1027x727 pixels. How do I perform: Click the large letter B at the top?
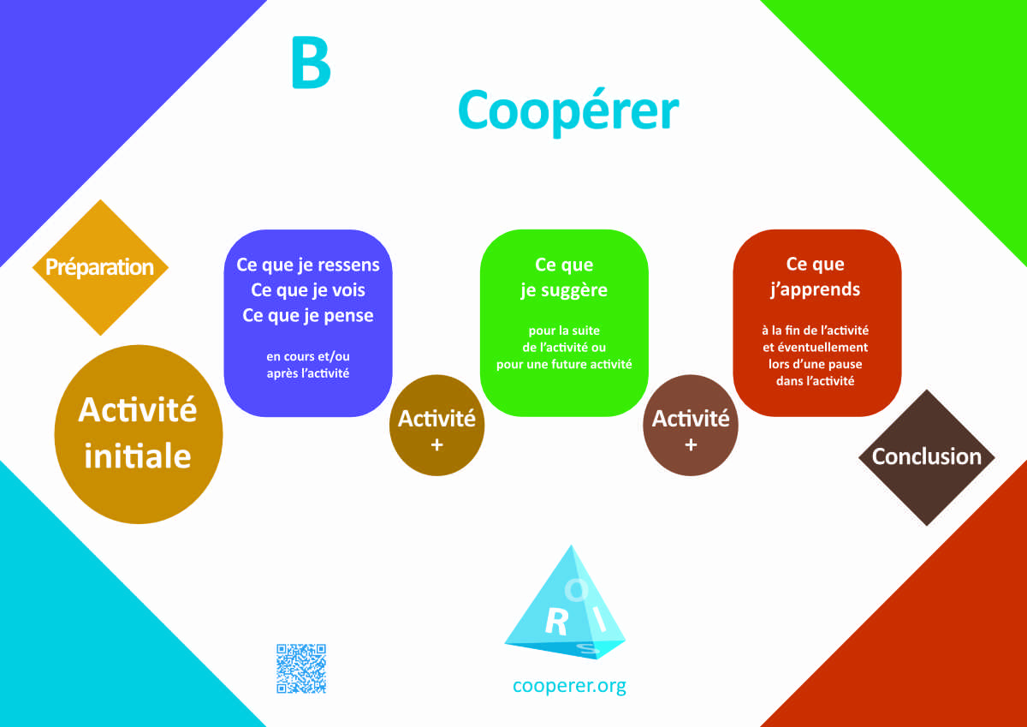coord(311,63)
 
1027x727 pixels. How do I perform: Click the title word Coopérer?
coord(568,112)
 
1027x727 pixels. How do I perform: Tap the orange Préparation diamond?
coord(100,267)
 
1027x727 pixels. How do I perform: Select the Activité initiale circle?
coord(139,434)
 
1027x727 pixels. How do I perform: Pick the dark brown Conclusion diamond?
coord(927,457)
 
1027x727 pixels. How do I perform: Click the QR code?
coord(301,668)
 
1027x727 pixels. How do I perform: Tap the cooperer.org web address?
coord(569,686)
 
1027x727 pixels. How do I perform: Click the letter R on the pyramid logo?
coord(557,623)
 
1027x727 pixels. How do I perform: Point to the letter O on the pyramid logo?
coord(576,590)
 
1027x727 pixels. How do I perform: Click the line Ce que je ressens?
coord(308,265)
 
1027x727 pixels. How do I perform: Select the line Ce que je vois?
coord(308,290)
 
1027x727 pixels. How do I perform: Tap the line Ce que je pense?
coord(308,316)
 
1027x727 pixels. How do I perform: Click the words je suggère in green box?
coord(564,290)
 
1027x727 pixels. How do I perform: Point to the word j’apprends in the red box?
coord(815,289)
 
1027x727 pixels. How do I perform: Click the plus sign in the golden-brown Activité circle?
coord(437,444)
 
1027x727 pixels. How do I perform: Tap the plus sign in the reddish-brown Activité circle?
coord(691,444)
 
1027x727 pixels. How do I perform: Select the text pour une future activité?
coord(564,364)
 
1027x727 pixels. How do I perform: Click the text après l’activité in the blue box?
coord(308,373)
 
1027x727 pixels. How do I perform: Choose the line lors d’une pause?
coord(815,364)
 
